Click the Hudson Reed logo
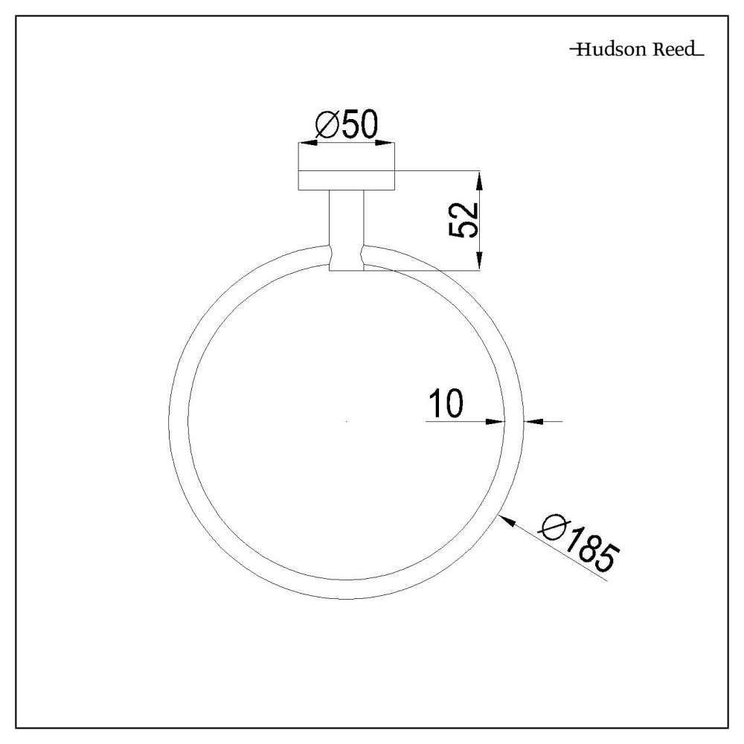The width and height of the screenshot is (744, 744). (636, 51)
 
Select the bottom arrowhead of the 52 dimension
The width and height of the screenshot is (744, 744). (479, 261)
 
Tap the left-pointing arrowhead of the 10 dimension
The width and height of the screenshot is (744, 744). (533, 421)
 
